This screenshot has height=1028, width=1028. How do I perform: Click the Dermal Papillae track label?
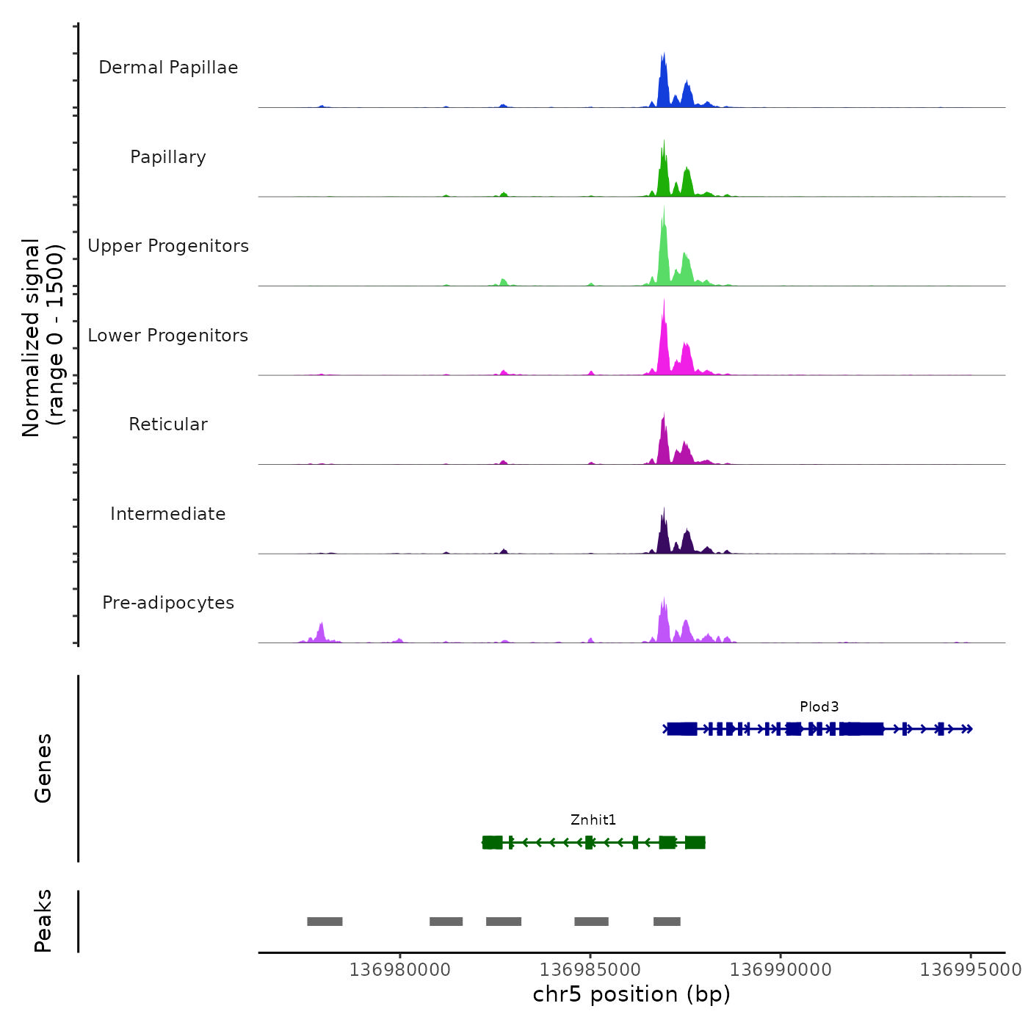[x=168, y=68]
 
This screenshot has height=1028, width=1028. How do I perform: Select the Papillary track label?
[x=168, y=157]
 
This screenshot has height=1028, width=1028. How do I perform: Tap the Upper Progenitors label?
[x=168, y=246]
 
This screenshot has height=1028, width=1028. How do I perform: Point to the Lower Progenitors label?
[x=168, y=336]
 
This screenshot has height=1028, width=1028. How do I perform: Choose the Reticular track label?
[x=168, y=424]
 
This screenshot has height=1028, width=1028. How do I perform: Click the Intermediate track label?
[x=168, y=514]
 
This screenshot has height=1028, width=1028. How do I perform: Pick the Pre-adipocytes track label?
[x=168, y=603]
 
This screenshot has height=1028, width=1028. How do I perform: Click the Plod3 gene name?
[x=819, y=706]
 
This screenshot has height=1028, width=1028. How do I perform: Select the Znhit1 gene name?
[x=593, y=819]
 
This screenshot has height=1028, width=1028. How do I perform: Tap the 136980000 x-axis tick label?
[x=400, y=969]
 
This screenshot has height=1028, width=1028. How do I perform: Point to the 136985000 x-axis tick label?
[x=590, y=969]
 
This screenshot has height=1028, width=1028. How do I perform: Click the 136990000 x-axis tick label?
[x=781, y=969]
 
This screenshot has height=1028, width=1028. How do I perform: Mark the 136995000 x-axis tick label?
[x=971, y=969]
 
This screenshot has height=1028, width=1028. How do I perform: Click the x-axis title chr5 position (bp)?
[x=631, y=994]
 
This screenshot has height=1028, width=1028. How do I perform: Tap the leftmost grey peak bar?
[x=325, y=922]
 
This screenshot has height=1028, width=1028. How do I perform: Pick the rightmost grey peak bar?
[x=667, y=922]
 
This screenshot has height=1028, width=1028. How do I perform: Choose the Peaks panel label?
[x=43, y=921]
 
